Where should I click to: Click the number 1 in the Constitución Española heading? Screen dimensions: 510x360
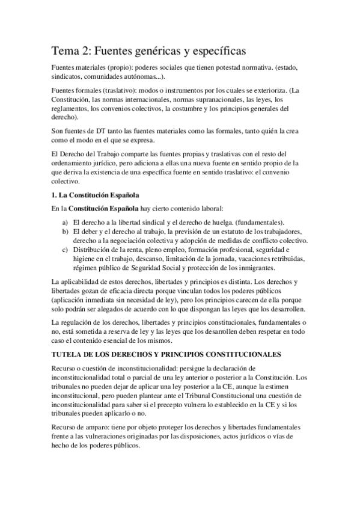pos(53,195)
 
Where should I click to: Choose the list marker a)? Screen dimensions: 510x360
pos(64,222)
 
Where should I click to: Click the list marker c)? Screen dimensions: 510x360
pos(64,250)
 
